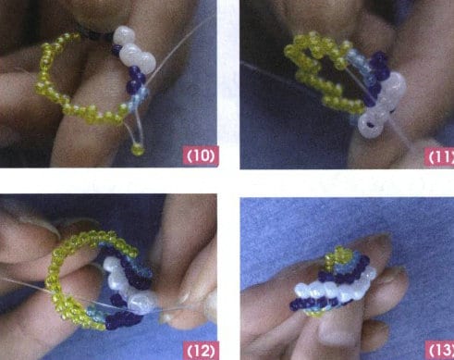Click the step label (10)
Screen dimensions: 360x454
point(201,155)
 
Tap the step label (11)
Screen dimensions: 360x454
point(436,155)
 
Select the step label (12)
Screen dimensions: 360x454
point(201,350)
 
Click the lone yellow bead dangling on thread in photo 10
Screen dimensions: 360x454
point(138,147)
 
